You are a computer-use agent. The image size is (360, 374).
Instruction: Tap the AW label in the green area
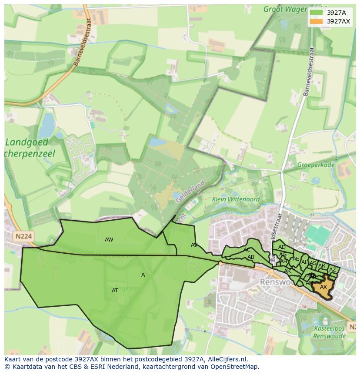click(x=109, y=240)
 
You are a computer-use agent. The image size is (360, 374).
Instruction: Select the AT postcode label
click(x=115, y=291)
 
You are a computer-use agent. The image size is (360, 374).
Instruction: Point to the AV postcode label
click(x=194, y=245)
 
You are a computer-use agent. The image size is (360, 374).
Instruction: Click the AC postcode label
click(x=247, y=250)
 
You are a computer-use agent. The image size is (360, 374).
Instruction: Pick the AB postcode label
click(x=251, y=257)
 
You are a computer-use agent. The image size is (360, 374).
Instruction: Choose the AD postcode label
click(x=282, y=247)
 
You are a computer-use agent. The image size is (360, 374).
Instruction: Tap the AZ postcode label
click(x=333, y=270)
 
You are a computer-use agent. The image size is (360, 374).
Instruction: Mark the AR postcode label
click(x=322, y=266)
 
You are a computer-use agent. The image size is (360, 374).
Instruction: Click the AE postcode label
click(x=296, y=259)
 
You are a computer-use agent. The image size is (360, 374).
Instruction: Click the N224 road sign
click(x=23, y=236)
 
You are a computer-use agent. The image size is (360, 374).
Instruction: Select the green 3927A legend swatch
click(x=316, y=12)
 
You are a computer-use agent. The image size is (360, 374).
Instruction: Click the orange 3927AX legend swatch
click(x=316, y=21)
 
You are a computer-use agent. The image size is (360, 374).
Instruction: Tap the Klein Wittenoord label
click(x=236, y=199)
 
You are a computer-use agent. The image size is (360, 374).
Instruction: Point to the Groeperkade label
click(x=316, y=165)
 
